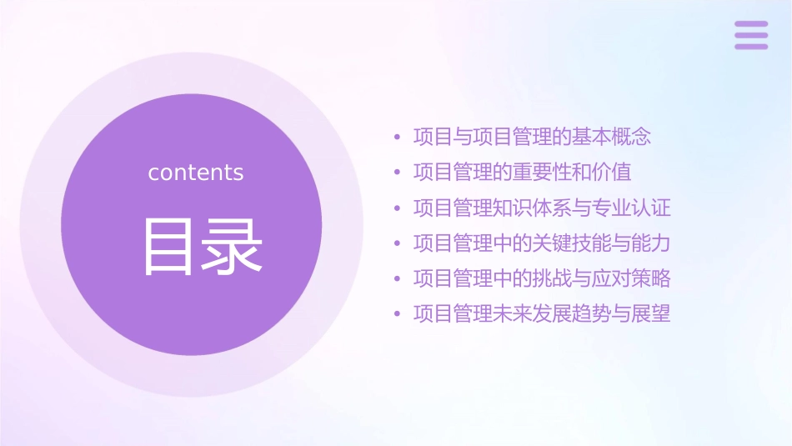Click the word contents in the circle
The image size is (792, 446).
196,173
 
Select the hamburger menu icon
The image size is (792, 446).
751,35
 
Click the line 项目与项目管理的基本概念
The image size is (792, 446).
532,137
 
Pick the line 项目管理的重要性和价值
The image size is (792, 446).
522,173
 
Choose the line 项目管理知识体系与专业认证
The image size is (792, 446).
542,208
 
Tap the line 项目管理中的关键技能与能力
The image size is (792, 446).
542,243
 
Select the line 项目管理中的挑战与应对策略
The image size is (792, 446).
542,278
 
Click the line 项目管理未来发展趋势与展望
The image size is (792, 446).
542,314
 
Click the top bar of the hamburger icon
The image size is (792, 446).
751,24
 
